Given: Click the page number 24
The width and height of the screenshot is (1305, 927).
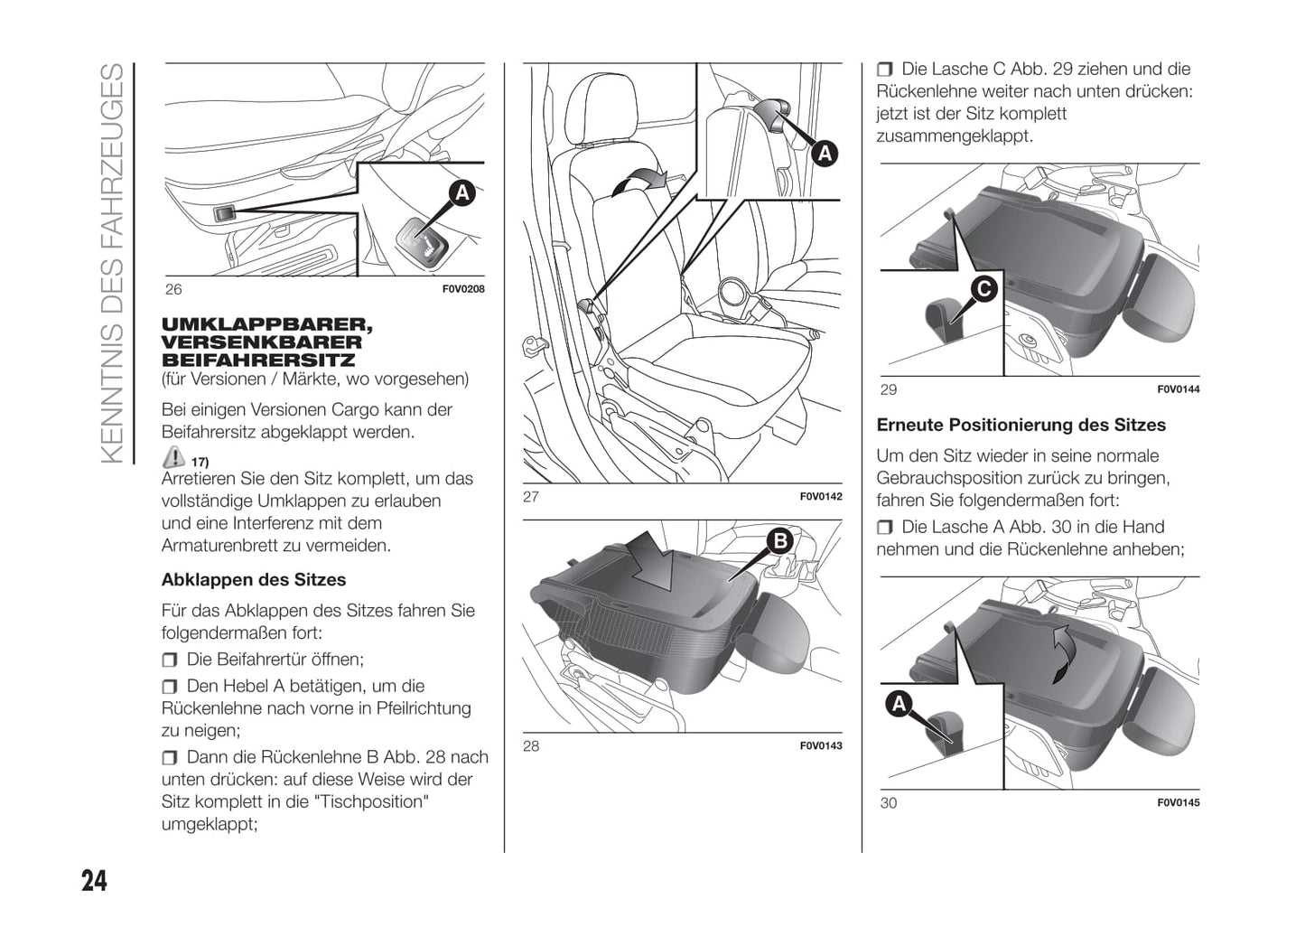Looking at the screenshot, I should click(x=94, y=880).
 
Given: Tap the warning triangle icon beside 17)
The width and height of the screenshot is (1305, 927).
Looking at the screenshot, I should click(x=173, y=458).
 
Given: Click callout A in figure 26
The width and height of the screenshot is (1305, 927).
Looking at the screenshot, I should click(x=461, y=192).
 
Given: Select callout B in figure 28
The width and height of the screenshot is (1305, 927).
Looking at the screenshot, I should click(x=778, y=540).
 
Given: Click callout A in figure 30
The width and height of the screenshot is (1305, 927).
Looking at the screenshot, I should click(x=899, y=703).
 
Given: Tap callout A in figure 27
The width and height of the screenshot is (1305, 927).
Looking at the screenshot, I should click(x=824, y=154).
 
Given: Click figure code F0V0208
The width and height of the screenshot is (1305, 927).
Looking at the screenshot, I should click(x=463, y=290).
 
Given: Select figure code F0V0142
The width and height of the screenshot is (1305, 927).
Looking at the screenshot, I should click(x=821, y=497).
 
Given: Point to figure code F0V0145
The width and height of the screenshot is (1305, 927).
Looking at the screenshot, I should click(x=1179, y=803).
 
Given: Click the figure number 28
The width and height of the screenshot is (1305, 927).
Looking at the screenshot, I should click(x=531, y=746).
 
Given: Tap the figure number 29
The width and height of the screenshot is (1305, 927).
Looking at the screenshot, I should click(x=889, y=390).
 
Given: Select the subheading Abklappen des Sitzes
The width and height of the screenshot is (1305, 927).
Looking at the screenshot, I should click(x=254, y=580).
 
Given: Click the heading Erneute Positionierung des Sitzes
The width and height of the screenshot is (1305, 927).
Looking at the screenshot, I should click(x=1021, y=426).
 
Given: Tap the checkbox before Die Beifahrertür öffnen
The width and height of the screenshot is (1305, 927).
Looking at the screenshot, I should click(x=170, y=660).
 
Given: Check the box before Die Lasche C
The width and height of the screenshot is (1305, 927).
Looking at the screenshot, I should click(x=884, y=70).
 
